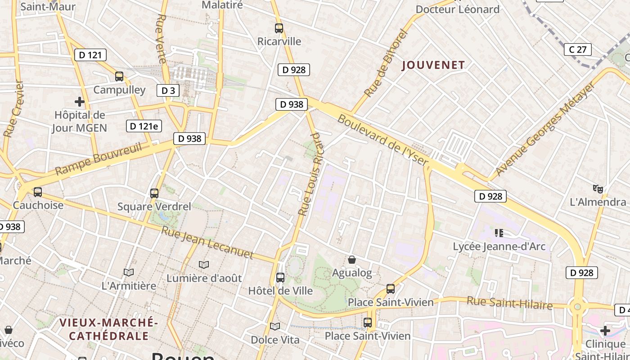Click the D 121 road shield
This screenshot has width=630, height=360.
(x=90, y=55)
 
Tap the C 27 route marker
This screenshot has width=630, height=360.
(x=578, y=49)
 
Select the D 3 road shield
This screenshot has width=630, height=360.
(x=168, y=90)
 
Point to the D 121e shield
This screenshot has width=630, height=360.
(x=144, y=126)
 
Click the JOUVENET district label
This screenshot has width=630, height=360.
(x=433, y=65)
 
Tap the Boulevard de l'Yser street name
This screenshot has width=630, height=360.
(x=382, y=139)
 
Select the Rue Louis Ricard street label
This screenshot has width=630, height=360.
(x=311, y=174)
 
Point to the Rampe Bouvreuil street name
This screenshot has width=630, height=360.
(x=99, y=158)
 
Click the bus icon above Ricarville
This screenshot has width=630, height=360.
(x=279, y=28)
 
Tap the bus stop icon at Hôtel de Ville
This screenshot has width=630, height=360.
(x=280, y=277)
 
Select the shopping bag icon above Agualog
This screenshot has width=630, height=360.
(x=352, y=260)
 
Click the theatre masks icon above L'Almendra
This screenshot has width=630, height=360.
(x=598, y=188)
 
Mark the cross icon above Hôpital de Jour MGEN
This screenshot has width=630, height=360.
(x=80, y=102)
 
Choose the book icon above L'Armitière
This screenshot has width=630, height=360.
(x=129, y=272)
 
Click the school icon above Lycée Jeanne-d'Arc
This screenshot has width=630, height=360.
(x=499, y=233)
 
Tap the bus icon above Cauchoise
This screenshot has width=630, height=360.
(x=38, y=192)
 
